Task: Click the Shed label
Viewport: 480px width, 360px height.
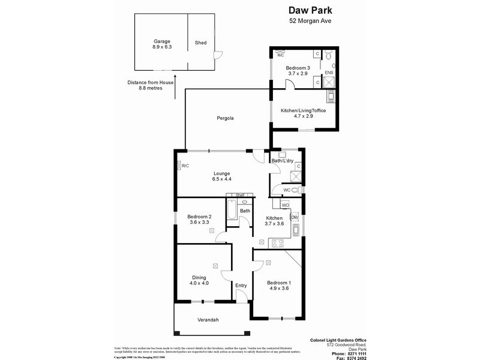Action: coord(201,43)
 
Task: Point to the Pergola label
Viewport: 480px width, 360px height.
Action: coord(225,118)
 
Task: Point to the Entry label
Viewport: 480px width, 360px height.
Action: coord(241,286)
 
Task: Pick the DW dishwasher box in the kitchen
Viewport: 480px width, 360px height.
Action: coord(295,217)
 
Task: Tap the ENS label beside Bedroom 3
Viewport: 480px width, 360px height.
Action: coord(329,73)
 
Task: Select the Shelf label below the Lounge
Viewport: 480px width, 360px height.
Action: coord(240,195)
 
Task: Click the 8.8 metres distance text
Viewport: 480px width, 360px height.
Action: coord(151,88)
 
